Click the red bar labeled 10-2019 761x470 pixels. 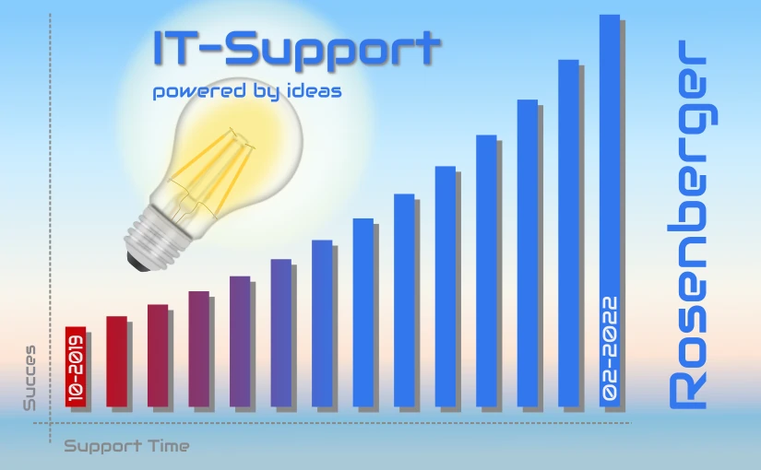coord(76,367)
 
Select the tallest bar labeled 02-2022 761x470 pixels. coord(610,210)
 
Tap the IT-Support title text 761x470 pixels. coord(296,48)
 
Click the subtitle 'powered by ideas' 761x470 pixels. coord(247,91)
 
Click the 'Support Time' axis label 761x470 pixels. coord(126,446)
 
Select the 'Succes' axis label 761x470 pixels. coord(30,378)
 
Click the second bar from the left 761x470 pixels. coord(116,361)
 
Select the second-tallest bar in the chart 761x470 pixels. coord(568,233)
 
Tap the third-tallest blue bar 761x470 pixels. coord(528,253)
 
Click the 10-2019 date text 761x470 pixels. coord(77,369)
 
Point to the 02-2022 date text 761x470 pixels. coord(610,348)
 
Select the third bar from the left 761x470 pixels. coord(158,356)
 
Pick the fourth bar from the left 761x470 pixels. coord(199,349)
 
